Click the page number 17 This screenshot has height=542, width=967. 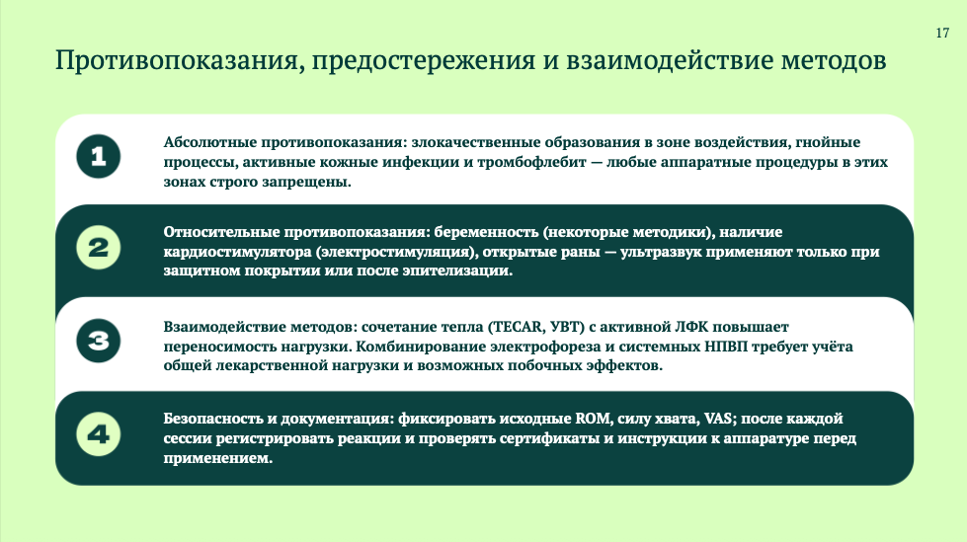click(x=942, y=34)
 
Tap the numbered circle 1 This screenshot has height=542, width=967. click(x=99, y=156)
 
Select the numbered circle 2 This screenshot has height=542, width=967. click(x=99, y=248)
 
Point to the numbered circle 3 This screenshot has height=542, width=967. click(x=99, y=341)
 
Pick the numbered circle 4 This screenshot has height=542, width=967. click(x=99, y=434)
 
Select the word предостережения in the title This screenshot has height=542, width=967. click(x=424, y=61)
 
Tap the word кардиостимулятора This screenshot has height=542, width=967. click(x=237, y=252)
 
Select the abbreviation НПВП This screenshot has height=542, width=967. click(x=726, y=347)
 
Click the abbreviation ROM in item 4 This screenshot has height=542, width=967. click(x=593, y=419)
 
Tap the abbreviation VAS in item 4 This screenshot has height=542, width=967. click(x=718, y=419)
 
